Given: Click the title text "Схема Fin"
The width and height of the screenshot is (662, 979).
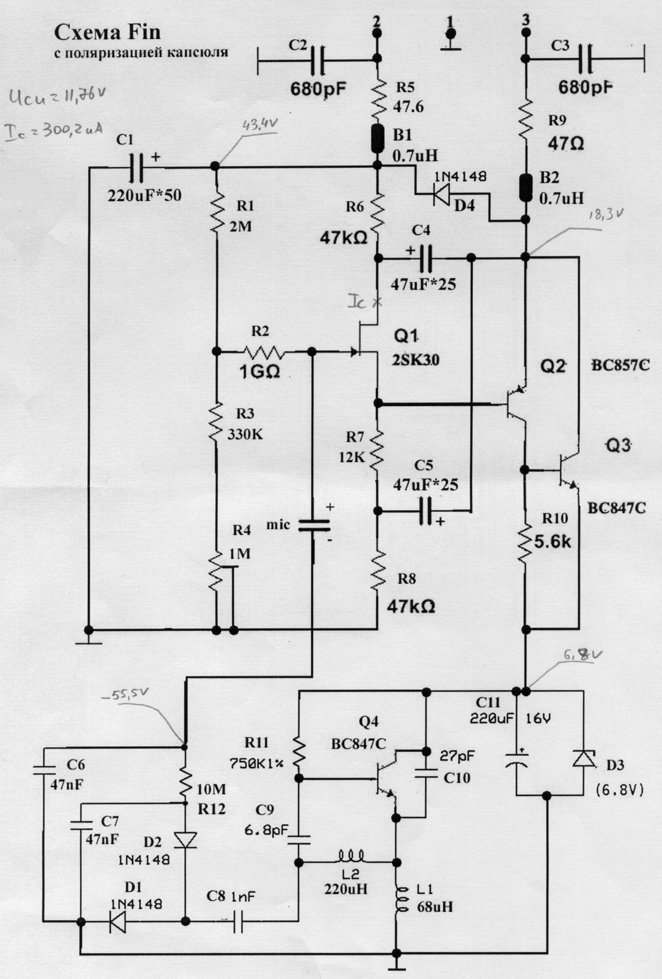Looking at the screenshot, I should pyautogui.click(x=108, y=33).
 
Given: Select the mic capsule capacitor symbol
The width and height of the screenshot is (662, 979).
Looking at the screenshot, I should pyautogui.click(x=314, y=526).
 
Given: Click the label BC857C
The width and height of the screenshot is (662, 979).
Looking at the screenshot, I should pyautogui.click(x=620, y=365).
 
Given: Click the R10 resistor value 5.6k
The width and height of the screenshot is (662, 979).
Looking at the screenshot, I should pyautogui.click(x=552, y=541).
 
